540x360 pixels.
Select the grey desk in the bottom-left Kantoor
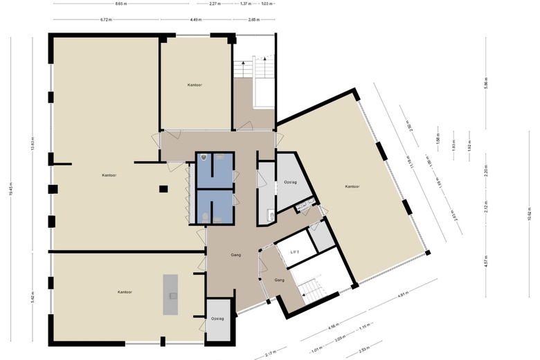(170, 294)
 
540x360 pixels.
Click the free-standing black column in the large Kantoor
(163, 188)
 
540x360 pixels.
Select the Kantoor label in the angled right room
(352, 187)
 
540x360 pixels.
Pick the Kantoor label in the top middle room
(195, 84)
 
